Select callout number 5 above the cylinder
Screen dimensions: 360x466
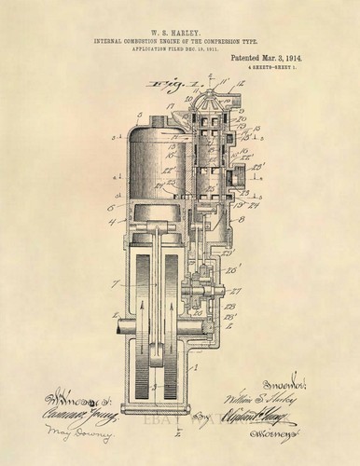pos(139,118)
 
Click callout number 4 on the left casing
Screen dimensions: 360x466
pos(111,221)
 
